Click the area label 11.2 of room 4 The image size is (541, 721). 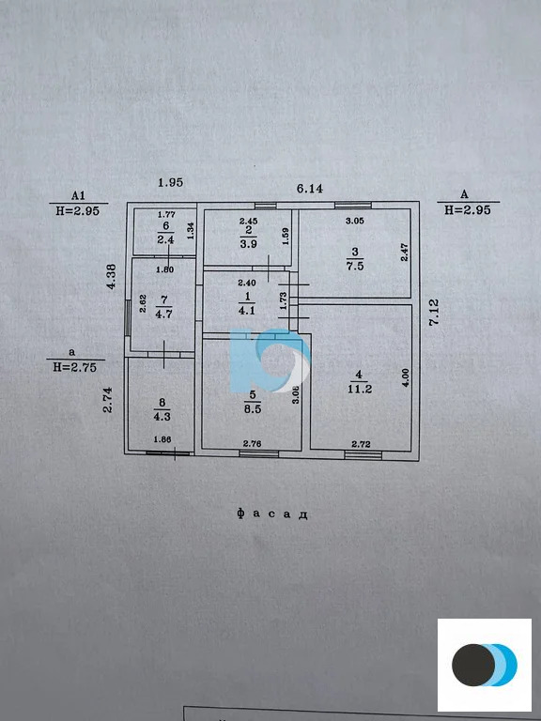361,389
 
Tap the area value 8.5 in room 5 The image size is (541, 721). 252,408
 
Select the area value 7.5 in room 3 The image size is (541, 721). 355,266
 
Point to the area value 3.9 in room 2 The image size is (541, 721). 248,244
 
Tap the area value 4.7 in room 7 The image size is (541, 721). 163,315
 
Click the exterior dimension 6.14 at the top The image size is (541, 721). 310,188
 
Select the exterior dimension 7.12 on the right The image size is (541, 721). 434,312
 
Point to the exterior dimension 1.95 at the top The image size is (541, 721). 171,182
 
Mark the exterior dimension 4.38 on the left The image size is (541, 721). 111,276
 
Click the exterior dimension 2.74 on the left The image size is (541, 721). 108,400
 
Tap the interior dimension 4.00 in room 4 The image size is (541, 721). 405,377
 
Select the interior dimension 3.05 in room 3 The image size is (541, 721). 355,221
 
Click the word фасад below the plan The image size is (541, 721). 272,514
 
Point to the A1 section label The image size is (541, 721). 78,196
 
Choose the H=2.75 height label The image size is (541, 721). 75,367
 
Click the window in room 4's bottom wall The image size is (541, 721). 363,454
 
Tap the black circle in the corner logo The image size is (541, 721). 473,665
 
